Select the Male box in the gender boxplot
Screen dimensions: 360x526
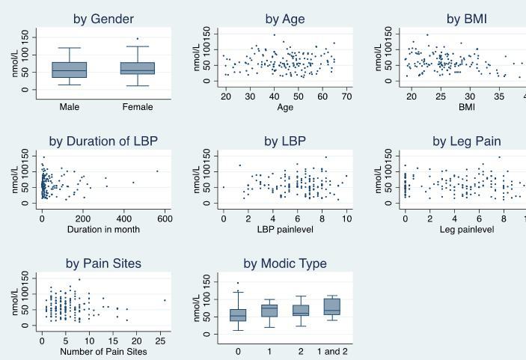click(70, 70)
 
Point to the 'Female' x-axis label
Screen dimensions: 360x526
click(137, 107)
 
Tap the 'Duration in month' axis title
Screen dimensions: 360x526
click(103, 229)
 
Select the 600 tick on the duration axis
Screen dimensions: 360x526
click(164, 219)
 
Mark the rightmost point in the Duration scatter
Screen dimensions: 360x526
click(157, 171)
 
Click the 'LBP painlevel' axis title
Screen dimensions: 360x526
click(284, 229)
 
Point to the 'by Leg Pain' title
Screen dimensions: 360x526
click(466, 141)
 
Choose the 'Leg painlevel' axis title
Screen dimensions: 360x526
click(466, 229)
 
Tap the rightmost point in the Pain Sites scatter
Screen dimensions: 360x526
click(165, 300)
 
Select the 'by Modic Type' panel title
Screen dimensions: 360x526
click(284, 263)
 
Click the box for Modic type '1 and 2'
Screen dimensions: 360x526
click(331, 306)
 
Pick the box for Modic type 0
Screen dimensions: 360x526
click(238, 314)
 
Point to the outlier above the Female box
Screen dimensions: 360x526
click(137, 39)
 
